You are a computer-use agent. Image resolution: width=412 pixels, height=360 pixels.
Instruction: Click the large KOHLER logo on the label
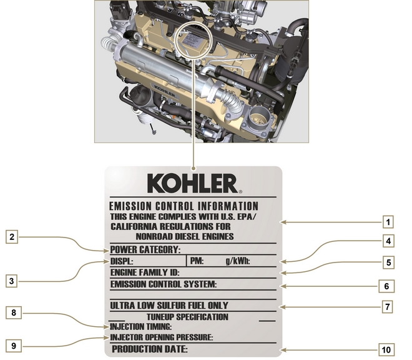tap(194, 183)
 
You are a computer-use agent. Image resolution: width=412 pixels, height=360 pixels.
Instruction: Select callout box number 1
tap(388, 222)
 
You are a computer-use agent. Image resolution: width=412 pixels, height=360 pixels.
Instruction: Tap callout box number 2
tap(12, 237)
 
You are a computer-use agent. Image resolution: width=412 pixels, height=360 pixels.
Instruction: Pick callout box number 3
tap(12, 281)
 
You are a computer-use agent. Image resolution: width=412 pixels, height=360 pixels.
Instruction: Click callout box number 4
tap(388, 241)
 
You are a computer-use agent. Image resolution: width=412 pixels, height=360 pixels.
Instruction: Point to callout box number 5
tap(388, 262)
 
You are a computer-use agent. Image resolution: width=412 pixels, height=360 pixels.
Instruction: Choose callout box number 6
tap(386, 286)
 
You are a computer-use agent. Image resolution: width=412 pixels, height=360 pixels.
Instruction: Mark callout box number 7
tap(387, 307)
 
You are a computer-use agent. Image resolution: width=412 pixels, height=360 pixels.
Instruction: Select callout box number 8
tap(14, 312)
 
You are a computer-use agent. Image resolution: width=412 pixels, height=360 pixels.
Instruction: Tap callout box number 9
tap(14, 346)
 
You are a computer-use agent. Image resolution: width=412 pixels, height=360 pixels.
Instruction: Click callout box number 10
tap(386, 350)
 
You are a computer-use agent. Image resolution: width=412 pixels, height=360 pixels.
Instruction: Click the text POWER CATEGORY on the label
tap(145, 249)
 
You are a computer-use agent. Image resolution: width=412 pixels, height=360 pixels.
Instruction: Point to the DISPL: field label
tap(122, 261)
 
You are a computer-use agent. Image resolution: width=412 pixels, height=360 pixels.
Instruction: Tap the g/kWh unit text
tap(238, 261)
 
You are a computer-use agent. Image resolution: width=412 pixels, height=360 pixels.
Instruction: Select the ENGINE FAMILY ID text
tap(145, 272)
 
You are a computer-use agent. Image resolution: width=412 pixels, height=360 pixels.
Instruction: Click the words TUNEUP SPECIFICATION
tap(187, 317)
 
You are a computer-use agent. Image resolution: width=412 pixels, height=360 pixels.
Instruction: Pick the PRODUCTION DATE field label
tap(150, 349)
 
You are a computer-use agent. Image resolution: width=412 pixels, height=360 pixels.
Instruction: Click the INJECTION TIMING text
tap(140, 327)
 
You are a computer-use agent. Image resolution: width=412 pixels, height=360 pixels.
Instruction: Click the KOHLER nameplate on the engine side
tap(164, 91)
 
